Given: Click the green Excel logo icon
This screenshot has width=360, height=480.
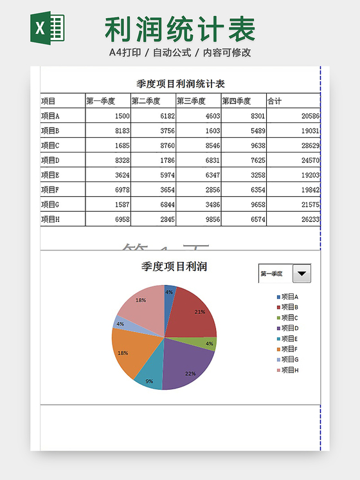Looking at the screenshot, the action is (47, 29).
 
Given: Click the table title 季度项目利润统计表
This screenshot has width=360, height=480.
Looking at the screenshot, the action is (180, 84).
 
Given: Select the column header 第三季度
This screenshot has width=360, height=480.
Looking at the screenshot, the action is (191, 101).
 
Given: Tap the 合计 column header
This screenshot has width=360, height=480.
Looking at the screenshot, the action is (274, 101).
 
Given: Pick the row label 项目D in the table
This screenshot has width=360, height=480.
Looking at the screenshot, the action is (50, 160).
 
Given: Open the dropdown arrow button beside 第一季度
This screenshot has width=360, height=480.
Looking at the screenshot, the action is (301, 273).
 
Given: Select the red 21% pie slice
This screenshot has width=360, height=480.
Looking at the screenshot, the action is (192, 312).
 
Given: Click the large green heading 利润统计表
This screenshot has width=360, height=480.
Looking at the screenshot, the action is (180, 29).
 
